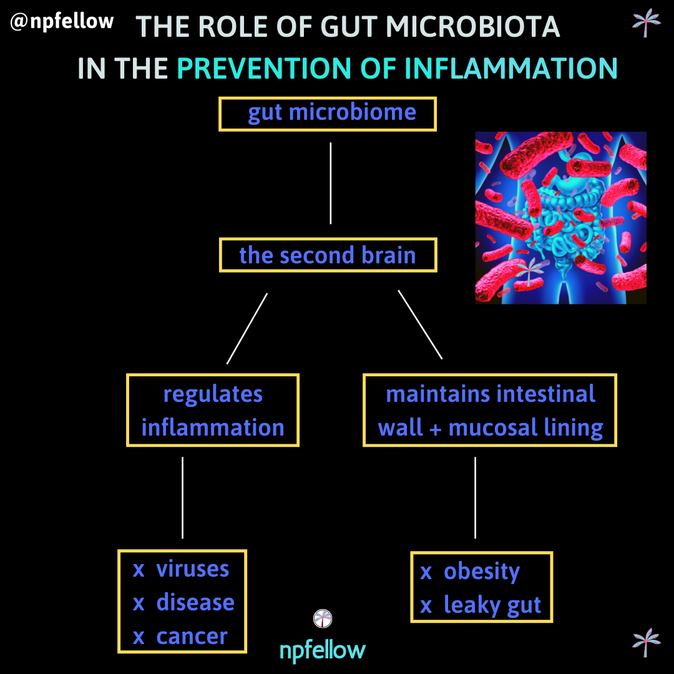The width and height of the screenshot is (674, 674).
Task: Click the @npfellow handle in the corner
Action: (x=62, y=21)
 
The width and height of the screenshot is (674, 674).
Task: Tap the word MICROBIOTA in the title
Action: (x=472, y=27)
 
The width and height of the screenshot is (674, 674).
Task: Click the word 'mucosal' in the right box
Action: (x=494, y=427)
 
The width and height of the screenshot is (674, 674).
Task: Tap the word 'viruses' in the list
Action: (x=193, y=569)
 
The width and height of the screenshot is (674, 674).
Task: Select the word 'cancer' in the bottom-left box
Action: (x=192, y=636)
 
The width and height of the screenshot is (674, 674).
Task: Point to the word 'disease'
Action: (x=195, y=602)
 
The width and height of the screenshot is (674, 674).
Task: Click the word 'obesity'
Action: (x=481, y=572)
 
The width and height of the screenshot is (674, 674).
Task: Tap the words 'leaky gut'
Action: (x=492, y=605)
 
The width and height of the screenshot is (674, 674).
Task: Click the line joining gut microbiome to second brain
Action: (x=331, y=183)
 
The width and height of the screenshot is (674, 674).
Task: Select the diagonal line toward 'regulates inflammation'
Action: (x=247, y=329)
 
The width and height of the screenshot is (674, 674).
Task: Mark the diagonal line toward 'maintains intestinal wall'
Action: (x=420, y=325)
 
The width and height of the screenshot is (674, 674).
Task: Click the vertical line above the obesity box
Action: (x=475, y=497)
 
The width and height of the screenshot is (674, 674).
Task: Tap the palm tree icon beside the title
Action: (x=646, y=22)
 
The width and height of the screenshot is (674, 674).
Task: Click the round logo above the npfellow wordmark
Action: (x=323, y=618)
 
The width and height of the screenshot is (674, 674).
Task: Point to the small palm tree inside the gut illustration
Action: (x=530, y=271)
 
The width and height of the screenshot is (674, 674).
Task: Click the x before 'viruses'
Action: (x=139, y=570)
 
